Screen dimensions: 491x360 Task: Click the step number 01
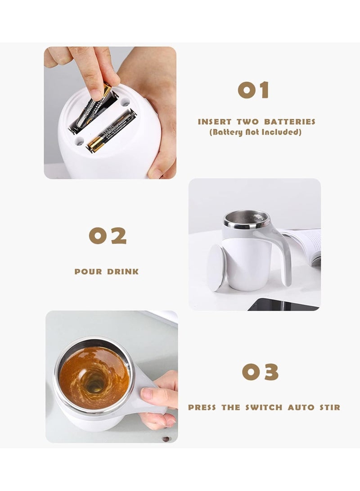(253, 90)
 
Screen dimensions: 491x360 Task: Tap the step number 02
(108, 236)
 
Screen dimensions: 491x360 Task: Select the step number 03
(260, 372)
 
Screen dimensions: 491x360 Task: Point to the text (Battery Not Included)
(255, 132)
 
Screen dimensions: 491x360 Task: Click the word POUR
(89, 272)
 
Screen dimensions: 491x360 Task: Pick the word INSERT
(215, 122)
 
